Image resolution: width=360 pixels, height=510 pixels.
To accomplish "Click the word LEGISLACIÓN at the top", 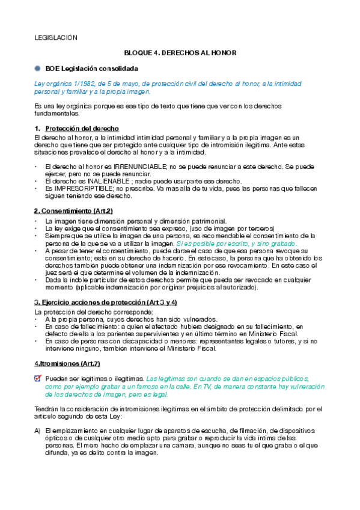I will click(56, 38).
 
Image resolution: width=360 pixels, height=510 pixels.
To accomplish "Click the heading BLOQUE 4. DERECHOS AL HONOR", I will click(180, 53).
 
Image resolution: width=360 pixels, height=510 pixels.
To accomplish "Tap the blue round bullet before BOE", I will click(37, 69).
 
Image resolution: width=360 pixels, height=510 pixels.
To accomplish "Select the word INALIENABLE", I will click(109, 181).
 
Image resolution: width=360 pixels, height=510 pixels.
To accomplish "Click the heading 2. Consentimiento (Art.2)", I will click(73, 210).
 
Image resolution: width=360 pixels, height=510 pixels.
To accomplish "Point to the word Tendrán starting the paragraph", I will click(47, 409).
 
